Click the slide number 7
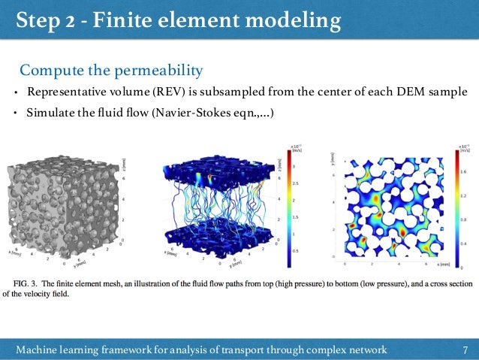pyautogui.click(x=465, y=349)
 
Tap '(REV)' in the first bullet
pyautogui.click(x=175, y=92)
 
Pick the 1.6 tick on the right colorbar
pyautogui.click(x=464, y=172)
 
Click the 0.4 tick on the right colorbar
pyautogui.click(x=464, y=244)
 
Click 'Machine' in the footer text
pyautogui.click(x=42, y=349)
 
